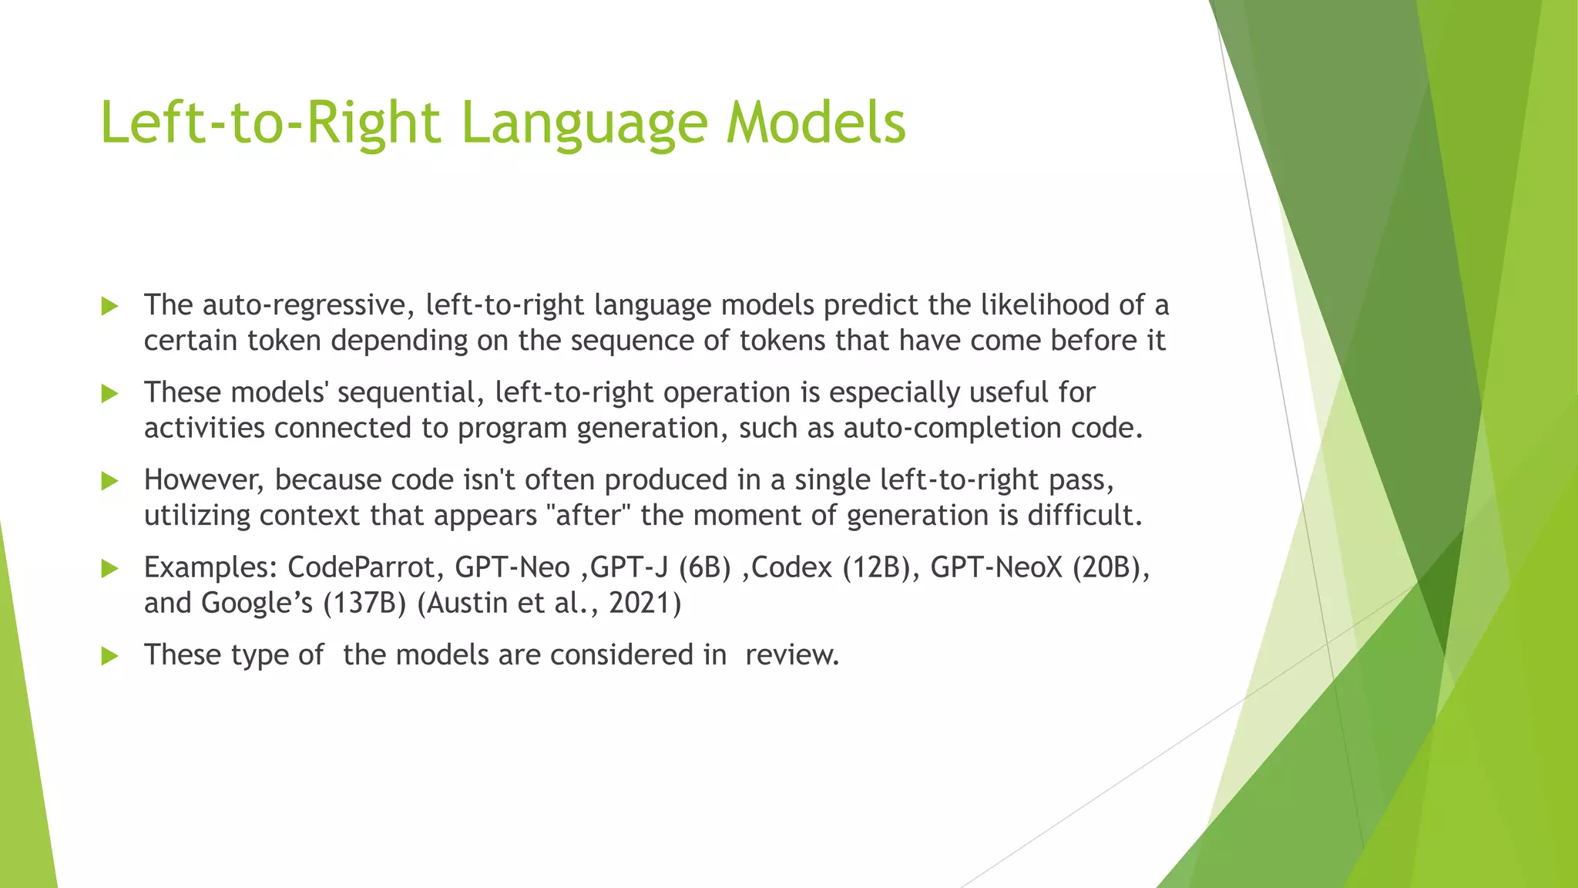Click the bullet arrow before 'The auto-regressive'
pyautogui.click(x=109, y=307)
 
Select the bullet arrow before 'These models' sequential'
pyautogui.click(x=109, y=394)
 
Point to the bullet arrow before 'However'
pyautogui.click(x=109, y=482)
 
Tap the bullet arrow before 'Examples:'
pyautogui.click(x=109, y=569)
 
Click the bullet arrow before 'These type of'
pyautogui.click(x=109, y=657)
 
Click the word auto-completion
pyautogui.click(x=952, y=428)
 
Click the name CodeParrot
pyautogui.click(x=365, y=568)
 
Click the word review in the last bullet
pyautogui.click(x=791, y=655)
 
